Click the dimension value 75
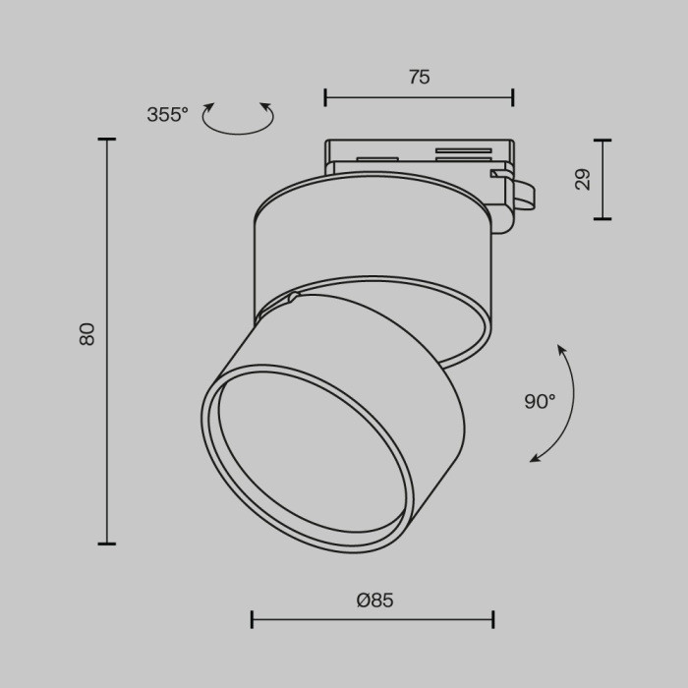click(419, 78)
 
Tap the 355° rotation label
click(167, 115)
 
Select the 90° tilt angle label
click(540, 401)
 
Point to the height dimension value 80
click(87, 333)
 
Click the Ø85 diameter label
click(374, 601)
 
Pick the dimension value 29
click(583, 179)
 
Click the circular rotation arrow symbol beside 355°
click(238, 118)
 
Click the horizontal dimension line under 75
click(419, 96)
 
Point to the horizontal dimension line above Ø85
click(373, 619)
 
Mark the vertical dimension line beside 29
click(602, 179)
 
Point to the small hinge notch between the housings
click(292, 297)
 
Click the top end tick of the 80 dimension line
click(106, 141)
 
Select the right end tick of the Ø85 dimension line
click(492, 619)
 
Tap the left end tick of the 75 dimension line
click(325, 96)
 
